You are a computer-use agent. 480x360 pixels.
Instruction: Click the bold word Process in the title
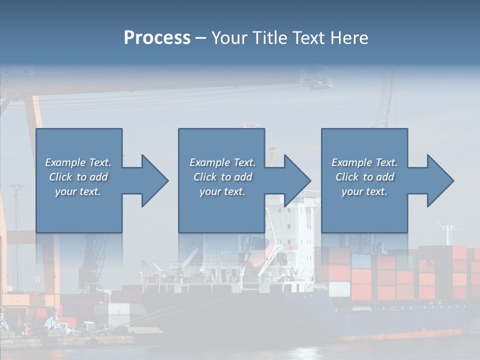[157, 38]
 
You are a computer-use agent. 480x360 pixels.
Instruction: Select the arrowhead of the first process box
[153, 180]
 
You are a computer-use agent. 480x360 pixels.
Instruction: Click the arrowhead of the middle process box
[295, 180]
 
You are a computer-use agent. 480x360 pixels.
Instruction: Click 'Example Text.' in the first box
[78, 162]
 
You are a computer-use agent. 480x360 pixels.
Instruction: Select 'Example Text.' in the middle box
[222, 162]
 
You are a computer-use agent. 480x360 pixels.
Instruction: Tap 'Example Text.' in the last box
[364, 162]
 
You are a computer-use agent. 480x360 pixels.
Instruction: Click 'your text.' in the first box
[78, 191]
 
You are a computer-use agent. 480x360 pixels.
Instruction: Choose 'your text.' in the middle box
[222, 191]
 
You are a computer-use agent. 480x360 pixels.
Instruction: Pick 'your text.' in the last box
[364, 191]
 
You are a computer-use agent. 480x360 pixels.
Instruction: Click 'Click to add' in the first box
[78, 177]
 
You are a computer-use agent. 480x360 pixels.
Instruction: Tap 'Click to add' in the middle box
[222, 177]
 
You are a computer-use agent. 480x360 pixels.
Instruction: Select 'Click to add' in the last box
[364, 177]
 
